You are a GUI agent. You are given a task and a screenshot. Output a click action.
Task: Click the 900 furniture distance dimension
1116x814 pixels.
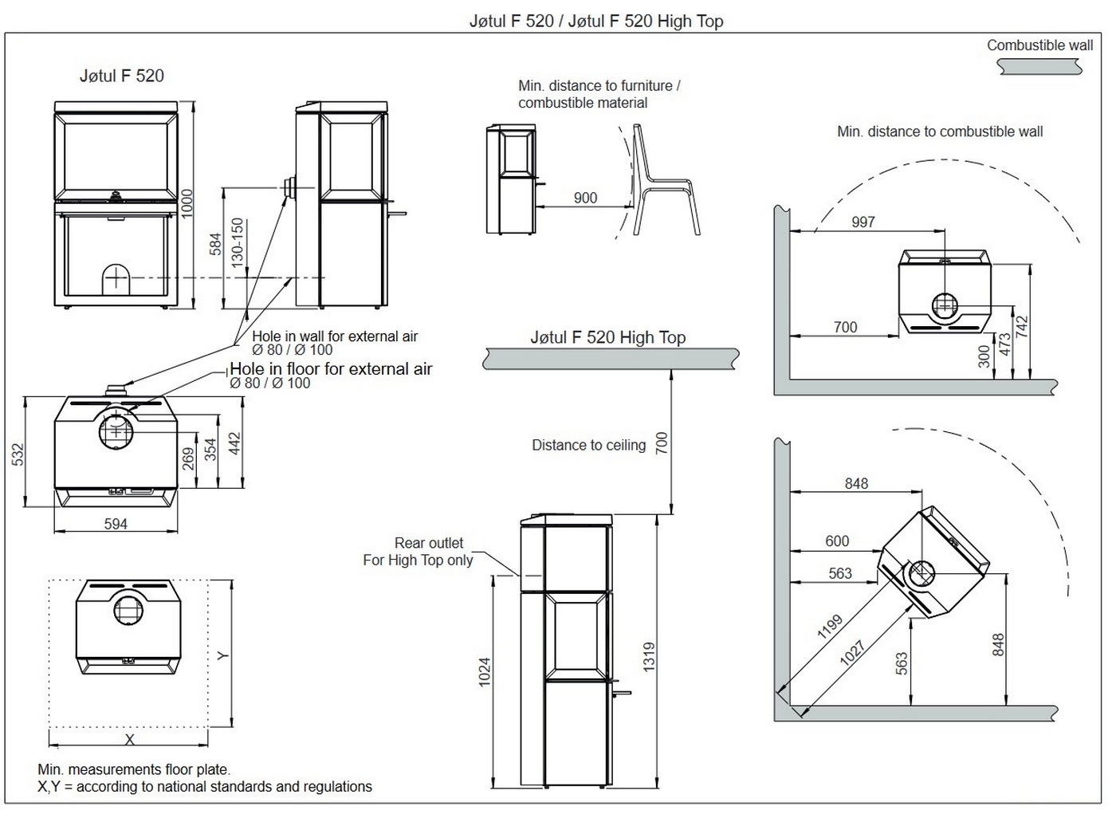click(585, 198)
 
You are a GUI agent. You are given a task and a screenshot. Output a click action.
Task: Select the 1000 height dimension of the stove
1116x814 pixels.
click(187, 204)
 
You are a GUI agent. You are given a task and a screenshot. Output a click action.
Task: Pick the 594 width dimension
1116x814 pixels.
click(116, 524)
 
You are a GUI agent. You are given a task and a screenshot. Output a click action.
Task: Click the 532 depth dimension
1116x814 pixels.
click(18, 454)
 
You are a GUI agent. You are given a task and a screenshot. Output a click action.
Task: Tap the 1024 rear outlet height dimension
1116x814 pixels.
click(485, 672)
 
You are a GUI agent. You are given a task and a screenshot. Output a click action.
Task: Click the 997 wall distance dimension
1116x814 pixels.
click(863, 222)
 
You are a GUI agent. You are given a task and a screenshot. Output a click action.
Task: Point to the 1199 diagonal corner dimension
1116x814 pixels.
click(830, 627)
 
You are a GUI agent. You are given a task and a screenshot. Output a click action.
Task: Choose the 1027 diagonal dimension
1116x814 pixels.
click(852, 653)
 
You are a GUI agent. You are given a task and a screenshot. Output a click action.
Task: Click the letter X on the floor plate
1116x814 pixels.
click(129, 739)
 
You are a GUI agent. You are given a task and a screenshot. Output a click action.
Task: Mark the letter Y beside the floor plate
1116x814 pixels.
click(223, 655)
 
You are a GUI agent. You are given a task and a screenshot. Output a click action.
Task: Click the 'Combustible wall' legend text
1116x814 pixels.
click(1039, 45)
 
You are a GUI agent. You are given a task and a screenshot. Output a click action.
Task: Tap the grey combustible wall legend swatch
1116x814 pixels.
click(1039, 68)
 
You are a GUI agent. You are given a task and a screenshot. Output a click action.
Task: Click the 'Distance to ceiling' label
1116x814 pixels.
click(588, 445)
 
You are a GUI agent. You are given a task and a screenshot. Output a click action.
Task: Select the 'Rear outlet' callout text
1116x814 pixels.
click(428, 543)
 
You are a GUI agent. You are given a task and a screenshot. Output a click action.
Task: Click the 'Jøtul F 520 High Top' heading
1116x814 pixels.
click(607, 337)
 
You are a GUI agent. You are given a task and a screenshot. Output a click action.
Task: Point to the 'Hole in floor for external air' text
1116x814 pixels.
click(331, 368)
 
